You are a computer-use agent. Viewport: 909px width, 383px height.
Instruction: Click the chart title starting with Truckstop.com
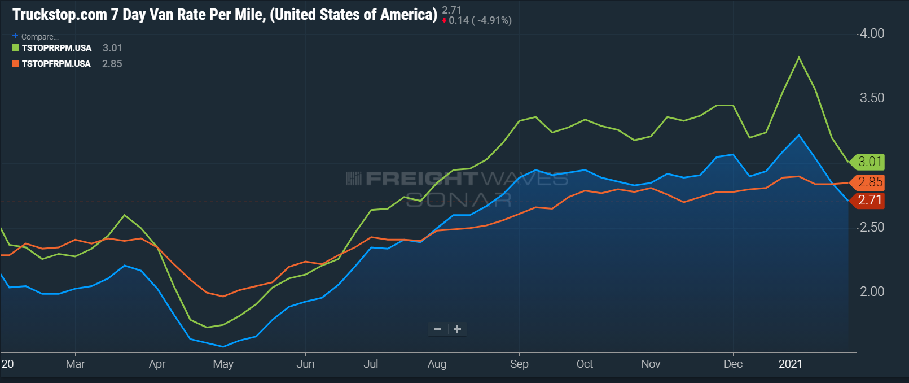pos(225,15)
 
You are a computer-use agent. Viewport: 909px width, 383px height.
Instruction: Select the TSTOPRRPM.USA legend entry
pos(56,48)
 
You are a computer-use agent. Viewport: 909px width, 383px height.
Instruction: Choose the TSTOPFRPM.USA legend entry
pos(56,64)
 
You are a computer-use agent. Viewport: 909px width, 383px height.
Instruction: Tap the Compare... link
pos(39,37)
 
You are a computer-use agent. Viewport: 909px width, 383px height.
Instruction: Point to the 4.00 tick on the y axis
pos(872,33)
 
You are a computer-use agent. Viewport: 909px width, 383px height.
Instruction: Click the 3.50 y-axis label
pos(872,98)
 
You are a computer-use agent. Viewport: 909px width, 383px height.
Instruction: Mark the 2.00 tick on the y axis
pos(872,291)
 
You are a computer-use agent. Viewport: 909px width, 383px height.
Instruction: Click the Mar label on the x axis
pos(75,364)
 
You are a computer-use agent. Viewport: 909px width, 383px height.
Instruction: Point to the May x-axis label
pos(223,364)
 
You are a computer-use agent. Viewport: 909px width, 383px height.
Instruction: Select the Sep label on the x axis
pos(519,364)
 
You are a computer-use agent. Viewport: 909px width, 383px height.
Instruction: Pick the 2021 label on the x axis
pos(790,364)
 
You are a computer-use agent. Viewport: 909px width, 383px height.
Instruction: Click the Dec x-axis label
pos(733,364)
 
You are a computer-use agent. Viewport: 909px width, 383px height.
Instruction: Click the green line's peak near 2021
pos(799,57)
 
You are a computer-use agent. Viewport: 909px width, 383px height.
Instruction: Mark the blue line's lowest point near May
pos(223,347)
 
